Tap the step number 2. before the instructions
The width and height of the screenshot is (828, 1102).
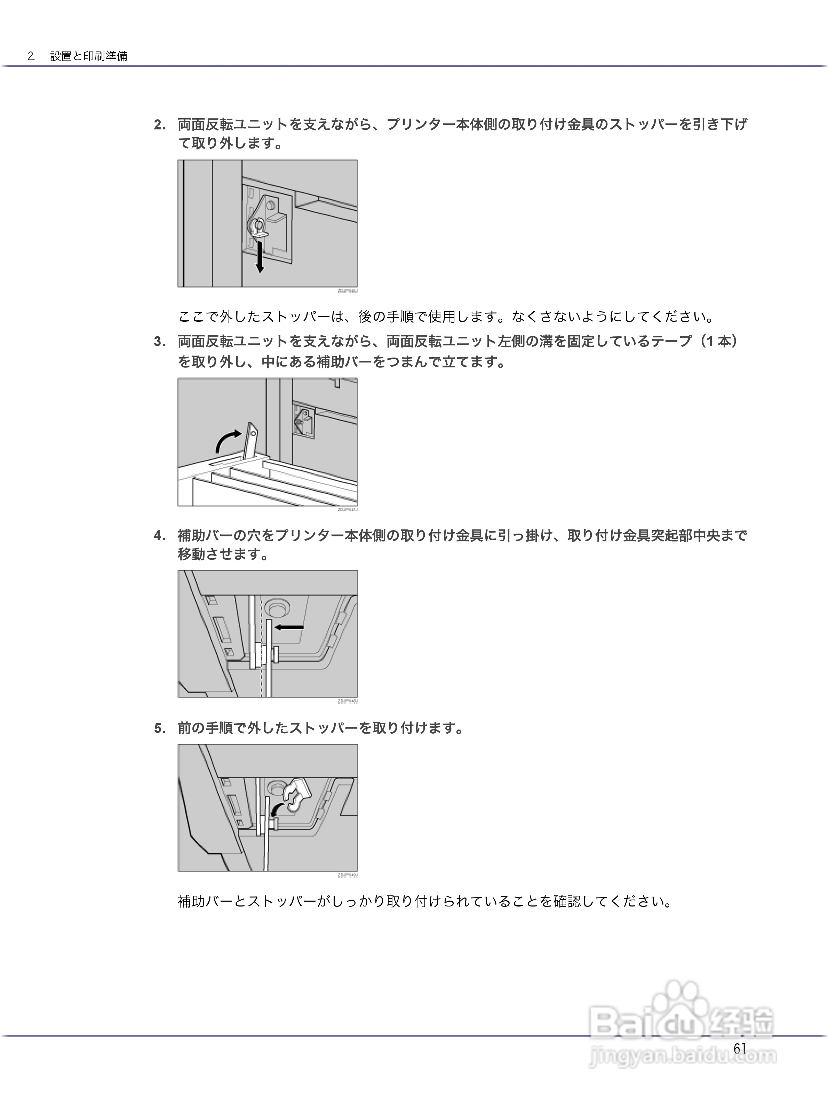(x=159, y=125)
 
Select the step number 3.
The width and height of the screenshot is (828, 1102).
(x=159, y=342)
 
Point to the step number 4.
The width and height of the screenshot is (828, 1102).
(x=159, y=536)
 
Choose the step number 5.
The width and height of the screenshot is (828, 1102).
(x=159, y=728)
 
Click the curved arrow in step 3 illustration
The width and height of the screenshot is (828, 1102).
(x=229, y=440)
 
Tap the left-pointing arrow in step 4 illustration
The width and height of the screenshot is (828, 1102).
(x=289, y=628)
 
